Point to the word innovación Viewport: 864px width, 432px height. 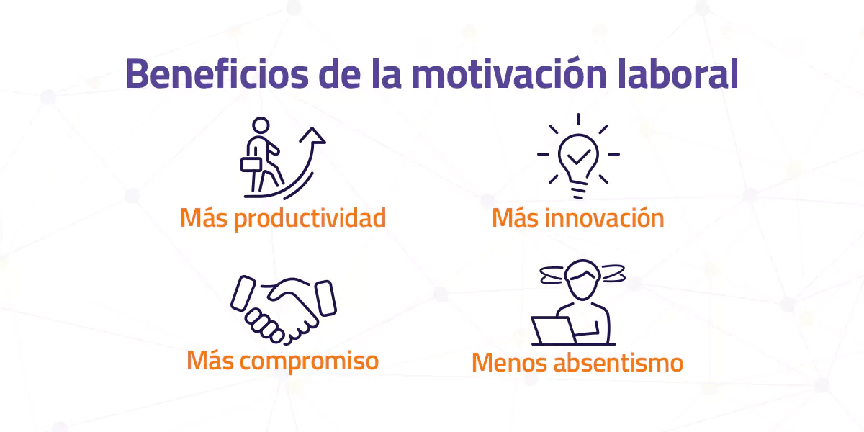pos(605,218)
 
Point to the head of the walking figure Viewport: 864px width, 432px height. pos(261,125)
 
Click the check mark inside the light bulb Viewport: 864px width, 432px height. pos(578,153)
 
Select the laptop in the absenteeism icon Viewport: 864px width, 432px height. pos(554,330)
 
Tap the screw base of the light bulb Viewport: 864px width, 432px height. pos(578,189)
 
